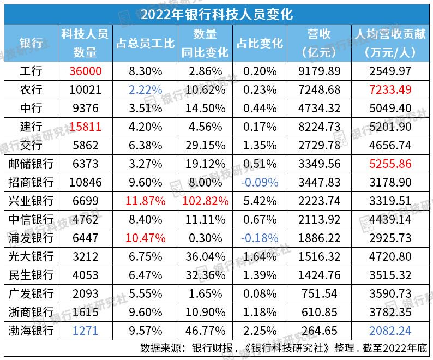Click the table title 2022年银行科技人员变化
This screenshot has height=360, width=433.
pyautogui.click(x=216, y=13)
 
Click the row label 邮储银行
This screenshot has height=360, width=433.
pyautogui.click(x=31, y=164)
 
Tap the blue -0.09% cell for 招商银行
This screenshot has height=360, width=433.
pyautogui.click(x=260, y=182)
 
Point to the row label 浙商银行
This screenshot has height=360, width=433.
pyautogui.click(x=31, y=312)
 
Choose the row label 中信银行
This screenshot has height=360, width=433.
pyautogui.click(x=31, y=219)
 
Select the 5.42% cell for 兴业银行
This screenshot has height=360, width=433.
pyautogui.click(x=260, y=201)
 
